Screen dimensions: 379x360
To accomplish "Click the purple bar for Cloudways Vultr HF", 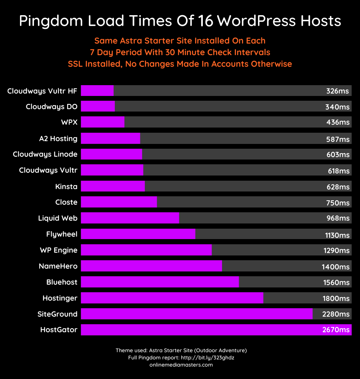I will [97, 91].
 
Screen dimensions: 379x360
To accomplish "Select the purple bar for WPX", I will [103, 122].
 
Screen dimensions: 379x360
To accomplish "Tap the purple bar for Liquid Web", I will [130, 218].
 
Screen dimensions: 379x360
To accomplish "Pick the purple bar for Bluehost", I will [160, 282].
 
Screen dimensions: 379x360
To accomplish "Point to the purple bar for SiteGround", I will [197, 314].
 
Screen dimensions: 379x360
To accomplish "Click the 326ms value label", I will [338, 91].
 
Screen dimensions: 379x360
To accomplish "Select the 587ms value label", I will [338, 139].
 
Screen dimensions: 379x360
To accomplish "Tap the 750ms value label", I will [338, 203].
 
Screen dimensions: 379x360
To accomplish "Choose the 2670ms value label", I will [336, 330].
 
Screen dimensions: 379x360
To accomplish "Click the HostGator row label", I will [59, 330].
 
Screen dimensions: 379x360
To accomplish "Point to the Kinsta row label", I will [66, 186].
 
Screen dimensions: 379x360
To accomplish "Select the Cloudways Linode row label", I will [45, 154].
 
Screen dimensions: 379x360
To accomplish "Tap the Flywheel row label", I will [62, 234].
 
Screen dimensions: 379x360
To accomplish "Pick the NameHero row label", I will [58, 266].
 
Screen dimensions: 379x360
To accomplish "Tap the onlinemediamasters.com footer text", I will [181, 365].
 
